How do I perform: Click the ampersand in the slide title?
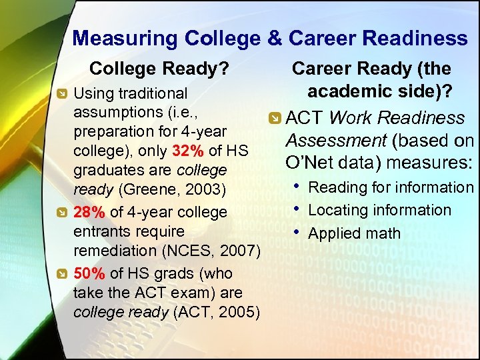click(274, 38)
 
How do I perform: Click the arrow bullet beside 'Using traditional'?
click(61, 94)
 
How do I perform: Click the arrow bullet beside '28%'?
click(61, 213)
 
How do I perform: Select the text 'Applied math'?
click(354, 233)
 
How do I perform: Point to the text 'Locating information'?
click(379, 210)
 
